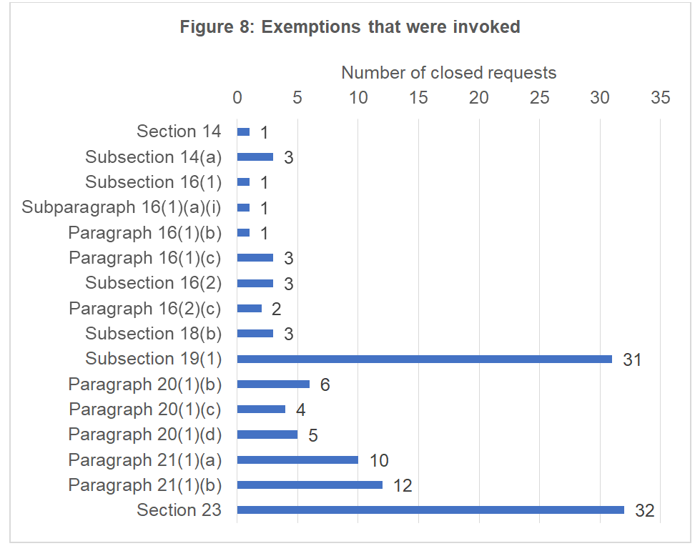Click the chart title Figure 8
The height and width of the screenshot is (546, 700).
click(x=350, y=27)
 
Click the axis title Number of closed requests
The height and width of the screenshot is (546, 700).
click(x=448, y=72)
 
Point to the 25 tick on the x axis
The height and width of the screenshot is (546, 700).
click(x=540, y=97)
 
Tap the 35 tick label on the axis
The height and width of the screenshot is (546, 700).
click(x=660, y=97)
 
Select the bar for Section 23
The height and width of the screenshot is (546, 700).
click(x=430, y=510)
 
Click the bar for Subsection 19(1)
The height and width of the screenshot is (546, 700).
click(x=424, y=359)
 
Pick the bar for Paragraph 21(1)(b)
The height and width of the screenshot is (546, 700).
click(x=310, y=485)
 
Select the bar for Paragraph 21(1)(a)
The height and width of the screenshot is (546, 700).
click(x=297, y=460)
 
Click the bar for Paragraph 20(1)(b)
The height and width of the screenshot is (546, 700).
click(x=273, y=384)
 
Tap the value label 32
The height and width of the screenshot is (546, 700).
click(x=645, y=511)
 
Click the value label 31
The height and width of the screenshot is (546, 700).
click(x=632, y=359)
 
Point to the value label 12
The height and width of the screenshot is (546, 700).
click(x=403, y=486)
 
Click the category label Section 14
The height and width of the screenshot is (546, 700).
click(x=179, y=131)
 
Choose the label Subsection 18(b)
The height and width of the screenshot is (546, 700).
click(x=153, y=333)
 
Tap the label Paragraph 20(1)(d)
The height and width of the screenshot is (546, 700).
click(x=145, y=434)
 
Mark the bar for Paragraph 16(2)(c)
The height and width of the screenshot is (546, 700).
click(x=250, y=308)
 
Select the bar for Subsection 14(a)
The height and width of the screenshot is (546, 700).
click(x=255, y=157)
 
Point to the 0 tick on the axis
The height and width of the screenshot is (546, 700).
click(x=237, y=97)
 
